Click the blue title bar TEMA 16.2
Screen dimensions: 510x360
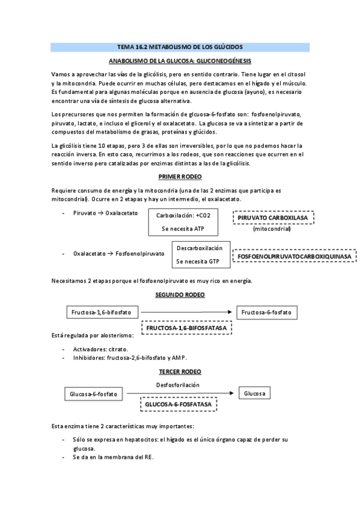click(x=180, y=47)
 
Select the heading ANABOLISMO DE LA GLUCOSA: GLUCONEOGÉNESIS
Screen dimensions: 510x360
click(x=180, y=61)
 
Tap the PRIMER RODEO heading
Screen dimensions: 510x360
click(x=180, y=176)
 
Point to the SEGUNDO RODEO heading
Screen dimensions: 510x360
click(x=180, y=295)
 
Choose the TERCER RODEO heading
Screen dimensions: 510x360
click(x=180, y=372)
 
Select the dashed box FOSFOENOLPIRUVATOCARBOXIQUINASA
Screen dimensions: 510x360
click(x=294, y=256)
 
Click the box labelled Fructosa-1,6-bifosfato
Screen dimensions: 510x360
click(x=102, y=313)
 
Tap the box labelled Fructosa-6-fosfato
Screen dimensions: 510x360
click(x=268, y=313)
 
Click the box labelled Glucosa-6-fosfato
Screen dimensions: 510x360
click(x=93, y=394)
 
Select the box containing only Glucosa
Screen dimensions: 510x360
click(x=255, y=393)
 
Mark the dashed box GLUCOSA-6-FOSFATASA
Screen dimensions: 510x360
click(x=178, y=405)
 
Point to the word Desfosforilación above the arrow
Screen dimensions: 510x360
click(x=178, y=385)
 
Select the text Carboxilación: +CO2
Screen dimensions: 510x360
click(x=183, y=215)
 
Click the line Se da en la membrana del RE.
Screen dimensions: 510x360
click(x=113, y=457)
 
